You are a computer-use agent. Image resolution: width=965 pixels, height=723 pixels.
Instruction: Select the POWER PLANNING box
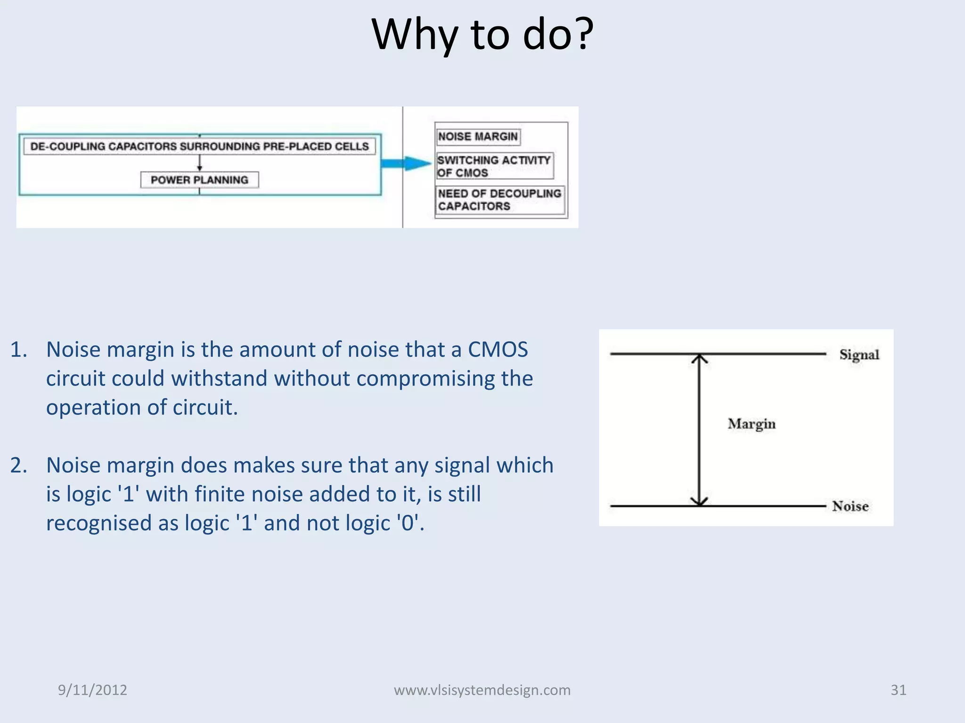pyautogui.click(x=199, y=180)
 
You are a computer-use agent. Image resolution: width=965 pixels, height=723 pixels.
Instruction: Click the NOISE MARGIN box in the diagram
pyautogui.click(x=478, y=137)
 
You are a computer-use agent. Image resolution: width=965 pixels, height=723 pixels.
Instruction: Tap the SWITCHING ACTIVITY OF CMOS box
pyautogui.click(x=494, y=166)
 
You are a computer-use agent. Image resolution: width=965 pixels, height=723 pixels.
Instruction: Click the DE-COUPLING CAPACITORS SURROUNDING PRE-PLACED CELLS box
pyautogui.click(x=199, y=146)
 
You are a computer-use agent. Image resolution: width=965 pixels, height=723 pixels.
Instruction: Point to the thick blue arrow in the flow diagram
pyautogui.click(x=405, y=163)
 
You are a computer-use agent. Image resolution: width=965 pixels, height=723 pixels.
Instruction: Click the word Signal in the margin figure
pyautogui.click(x=859, y=354)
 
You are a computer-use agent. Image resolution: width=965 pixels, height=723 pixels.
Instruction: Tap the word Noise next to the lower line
pyautogui.click(x=850, y=506)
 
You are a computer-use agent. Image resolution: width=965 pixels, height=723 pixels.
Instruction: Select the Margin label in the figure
pyautogui.click(x=751, y=424)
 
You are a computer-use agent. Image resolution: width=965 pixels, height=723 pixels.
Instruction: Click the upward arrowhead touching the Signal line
pyautogui.click(x=700, y=359)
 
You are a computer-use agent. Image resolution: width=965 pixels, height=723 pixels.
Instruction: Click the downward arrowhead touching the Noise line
pyautogui.click(x=700, y=501)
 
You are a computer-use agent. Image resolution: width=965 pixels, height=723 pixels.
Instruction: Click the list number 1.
pyautogui.click(x=18, y=350)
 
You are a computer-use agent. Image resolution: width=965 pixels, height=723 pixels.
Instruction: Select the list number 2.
pyautogui.click(x=18, y=466)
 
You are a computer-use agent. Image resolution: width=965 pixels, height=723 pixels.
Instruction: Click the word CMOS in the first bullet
pyautogui.click(x=498, y=350)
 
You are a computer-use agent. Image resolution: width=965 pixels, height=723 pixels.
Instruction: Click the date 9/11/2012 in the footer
pyautogui.click(x=92, y=690)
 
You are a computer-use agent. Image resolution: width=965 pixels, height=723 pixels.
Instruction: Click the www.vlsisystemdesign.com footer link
pyautogui.click(x=482, y=690)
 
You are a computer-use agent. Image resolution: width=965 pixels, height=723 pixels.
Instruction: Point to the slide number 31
pyautogui.click(x=898, y=690)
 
